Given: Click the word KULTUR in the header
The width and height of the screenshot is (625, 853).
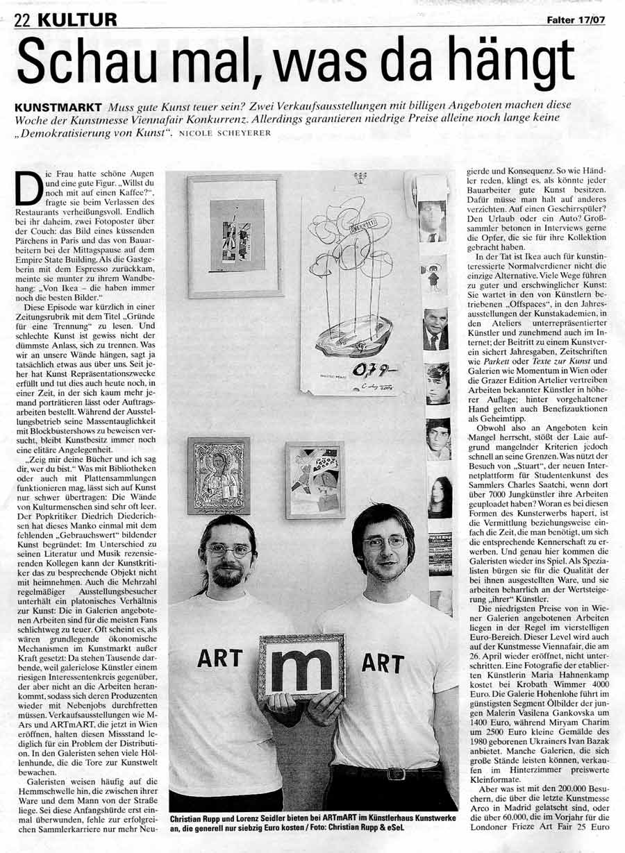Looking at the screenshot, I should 76,20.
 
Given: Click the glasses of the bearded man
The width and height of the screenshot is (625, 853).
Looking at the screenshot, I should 229,550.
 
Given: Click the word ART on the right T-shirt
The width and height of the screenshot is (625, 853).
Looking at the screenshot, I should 383,662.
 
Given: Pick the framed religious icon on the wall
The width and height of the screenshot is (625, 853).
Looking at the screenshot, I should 218,475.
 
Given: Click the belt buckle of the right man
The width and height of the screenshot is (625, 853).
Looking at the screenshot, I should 396,772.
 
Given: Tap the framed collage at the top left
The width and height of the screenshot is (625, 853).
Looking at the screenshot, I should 235,236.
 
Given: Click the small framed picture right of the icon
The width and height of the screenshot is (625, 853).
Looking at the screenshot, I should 315,480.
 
